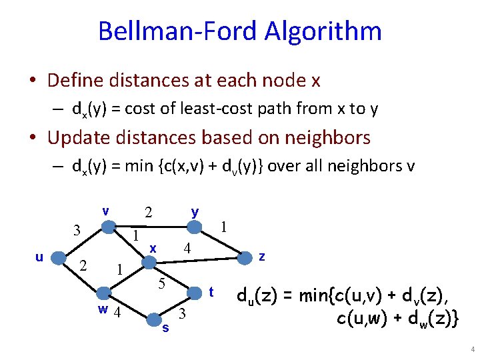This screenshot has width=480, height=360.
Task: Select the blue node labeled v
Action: tap(107, 227)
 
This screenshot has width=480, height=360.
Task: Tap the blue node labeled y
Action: tap(193, 227)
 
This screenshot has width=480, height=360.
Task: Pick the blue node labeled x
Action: tap(149, 260)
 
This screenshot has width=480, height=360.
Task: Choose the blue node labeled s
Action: tap(155, 315)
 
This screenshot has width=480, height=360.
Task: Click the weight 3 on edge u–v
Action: tap(77, 231)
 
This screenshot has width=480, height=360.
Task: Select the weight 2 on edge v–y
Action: tap(149, 213)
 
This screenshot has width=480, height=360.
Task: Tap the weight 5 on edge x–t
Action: tap(161, 283)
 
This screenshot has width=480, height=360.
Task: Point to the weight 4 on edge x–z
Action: tap(188, 249)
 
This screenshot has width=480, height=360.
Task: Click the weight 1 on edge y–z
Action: tap(225, 227)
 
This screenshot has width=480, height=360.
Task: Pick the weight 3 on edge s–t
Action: tap(181, 313)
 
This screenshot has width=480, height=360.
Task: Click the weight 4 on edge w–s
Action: tap(117, 313)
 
